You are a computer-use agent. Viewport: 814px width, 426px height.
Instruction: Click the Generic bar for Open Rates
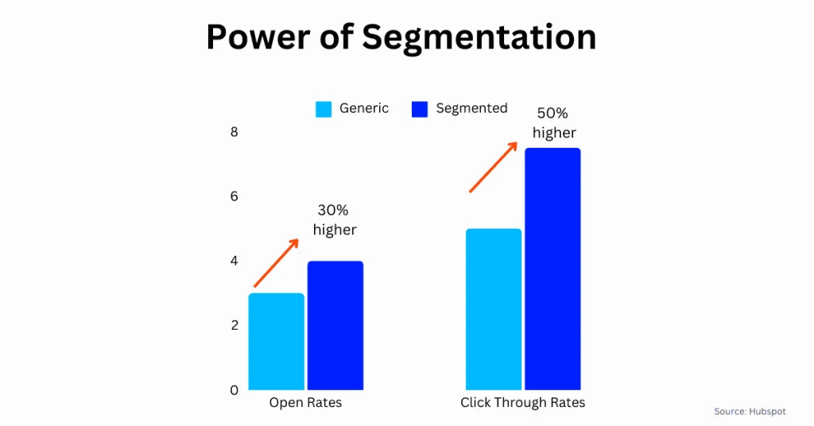click(x=277, y=341)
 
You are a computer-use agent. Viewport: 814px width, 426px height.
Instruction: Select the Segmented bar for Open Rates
click(x=335, y=325)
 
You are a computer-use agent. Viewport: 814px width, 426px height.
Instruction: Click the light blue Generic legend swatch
click(x=324, y=109)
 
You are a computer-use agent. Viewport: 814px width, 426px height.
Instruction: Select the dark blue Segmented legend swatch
click(x=420, y=109)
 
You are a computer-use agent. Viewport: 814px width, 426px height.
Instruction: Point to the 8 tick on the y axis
click(x=235, y=132)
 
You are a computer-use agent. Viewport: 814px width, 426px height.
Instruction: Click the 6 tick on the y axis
click(x=235, y=196)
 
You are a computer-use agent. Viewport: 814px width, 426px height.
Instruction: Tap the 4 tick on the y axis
click(x=235, y=261)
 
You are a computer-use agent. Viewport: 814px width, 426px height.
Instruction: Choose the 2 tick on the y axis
click(x=235, y=325)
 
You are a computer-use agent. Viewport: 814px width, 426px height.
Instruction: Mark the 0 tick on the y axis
click(x=235, y=390)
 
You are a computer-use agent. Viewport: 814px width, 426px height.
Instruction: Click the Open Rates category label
click(x=305, y=403)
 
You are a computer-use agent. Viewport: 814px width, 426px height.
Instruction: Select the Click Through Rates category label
click(x=522, y=403)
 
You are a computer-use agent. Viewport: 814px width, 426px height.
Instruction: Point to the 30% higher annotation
click(x=334, y=220)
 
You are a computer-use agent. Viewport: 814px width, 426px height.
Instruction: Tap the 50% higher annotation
click(x=554, y=123)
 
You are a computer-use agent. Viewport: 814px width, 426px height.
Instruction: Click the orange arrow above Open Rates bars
click(x=276, y=263)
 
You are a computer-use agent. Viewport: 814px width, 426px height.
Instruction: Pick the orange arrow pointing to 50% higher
click(x=494, y=167)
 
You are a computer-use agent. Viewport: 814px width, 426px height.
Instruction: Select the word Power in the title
click(x=255, y=38)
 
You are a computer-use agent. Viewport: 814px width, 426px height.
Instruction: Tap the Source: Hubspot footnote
click(x=750, y=412)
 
